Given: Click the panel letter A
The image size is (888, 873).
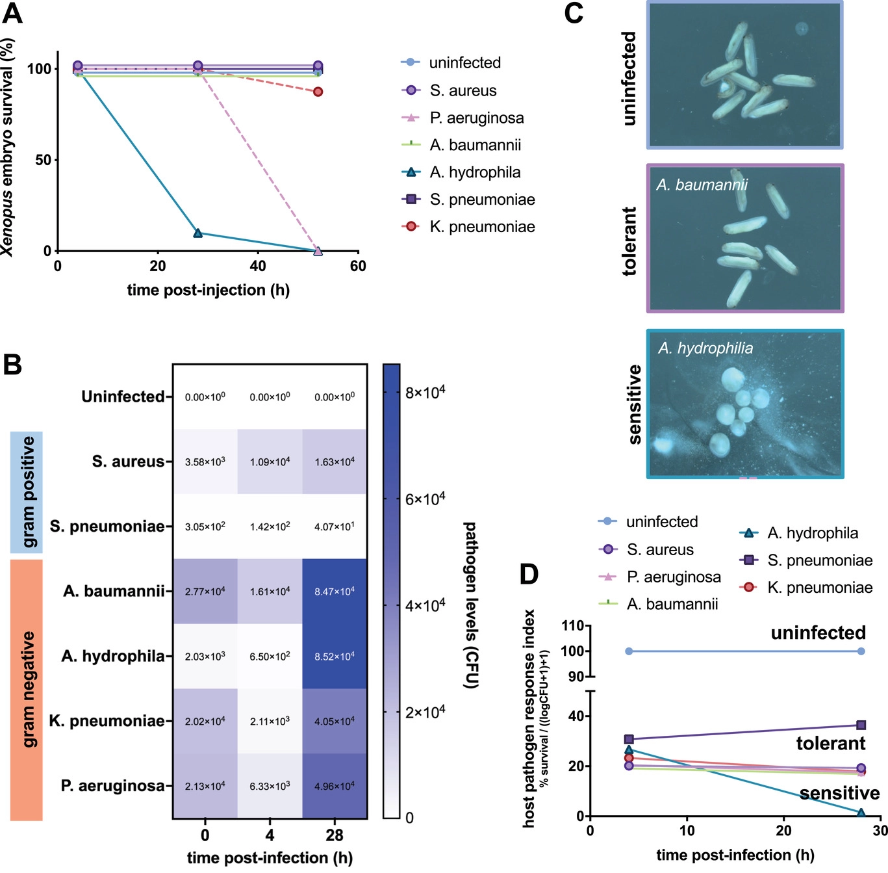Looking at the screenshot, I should pos(13,13).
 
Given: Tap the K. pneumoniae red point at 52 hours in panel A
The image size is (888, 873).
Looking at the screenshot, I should pos(318,92).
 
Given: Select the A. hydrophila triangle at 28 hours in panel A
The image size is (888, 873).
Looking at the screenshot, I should pos(197,233).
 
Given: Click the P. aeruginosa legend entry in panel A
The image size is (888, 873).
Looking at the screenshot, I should pos(476,118).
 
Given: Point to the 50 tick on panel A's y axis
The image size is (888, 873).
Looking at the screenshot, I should pos(43,160).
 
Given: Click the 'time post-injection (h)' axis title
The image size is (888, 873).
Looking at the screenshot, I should pos(208,290).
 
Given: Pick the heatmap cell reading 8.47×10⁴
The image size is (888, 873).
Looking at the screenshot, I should pos(335,592).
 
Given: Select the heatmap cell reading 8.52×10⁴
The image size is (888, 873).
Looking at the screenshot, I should pos(335,657).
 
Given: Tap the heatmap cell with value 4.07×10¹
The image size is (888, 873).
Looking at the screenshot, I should pos(335,527).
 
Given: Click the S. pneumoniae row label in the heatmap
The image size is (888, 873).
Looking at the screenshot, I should pos(107,526).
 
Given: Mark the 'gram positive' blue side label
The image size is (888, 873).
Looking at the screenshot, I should pos(27,492).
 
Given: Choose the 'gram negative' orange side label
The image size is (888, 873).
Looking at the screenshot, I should pos(27,690).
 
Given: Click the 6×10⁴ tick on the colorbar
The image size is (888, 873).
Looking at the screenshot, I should pos(425,499).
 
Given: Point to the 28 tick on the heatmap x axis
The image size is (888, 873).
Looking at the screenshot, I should pos(335,835).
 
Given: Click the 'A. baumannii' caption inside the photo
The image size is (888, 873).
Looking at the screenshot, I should pos(702,185).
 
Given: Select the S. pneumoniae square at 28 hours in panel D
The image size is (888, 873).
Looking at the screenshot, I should pos(861,725).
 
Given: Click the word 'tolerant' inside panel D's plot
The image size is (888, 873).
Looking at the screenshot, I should pos(830,743).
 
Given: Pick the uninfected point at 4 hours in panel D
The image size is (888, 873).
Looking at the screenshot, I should pos(629,651).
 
